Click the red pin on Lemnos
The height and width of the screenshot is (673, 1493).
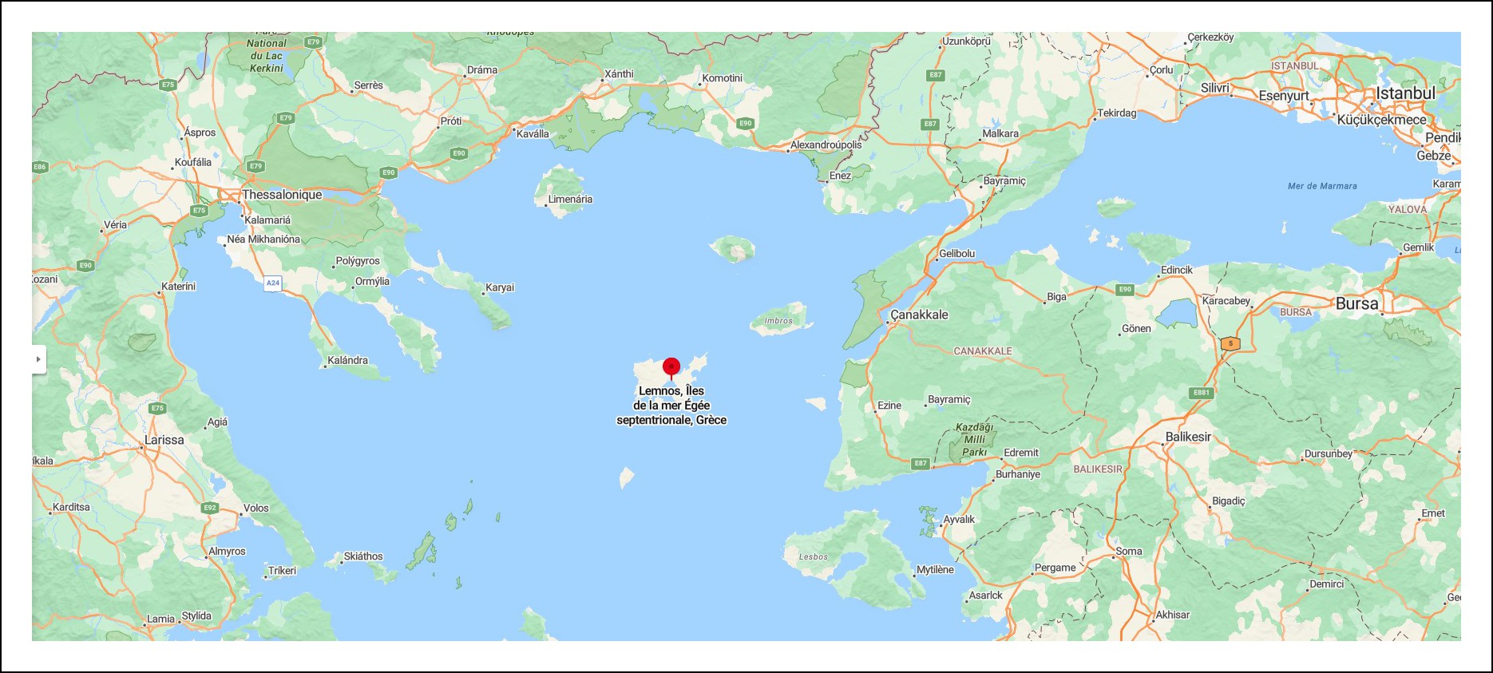point(671,367)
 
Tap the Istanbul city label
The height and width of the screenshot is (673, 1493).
point(1405,93)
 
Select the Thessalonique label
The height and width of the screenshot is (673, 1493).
point(282,195)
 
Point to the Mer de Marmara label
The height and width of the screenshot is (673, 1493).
point(1322,186)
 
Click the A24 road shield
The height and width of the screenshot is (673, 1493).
point(273,283)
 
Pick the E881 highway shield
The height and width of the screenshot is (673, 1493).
point(1202,393)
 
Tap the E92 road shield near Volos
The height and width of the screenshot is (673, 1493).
point(210,508)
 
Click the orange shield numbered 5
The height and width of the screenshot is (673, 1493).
point(1230,343)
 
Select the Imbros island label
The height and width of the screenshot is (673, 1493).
point(778,321)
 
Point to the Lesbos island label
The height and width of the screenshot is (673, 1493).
point(814,556)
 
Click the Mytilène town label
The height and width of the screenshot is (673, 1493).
point(935,570)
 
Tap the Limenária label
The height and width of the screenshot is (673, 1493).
point(570,200)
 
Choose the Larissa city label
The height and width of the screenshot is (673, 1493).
point(164,440)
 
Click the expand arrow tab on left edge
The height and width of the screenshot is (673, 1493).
point(38,359)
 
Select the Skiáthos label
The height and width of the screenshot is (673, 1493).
point(363,556)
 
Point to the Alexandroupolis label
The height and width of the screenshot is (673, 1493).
point(826,145)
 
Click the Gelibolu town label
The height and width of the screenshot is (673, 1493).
point(956,254)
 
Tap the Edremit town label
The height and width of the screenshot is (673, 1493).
point(1021,453)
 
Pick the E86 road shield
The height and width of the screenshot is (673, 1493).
point(40,167)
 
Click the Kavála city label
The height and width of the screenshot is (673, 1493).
point(533,134)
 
